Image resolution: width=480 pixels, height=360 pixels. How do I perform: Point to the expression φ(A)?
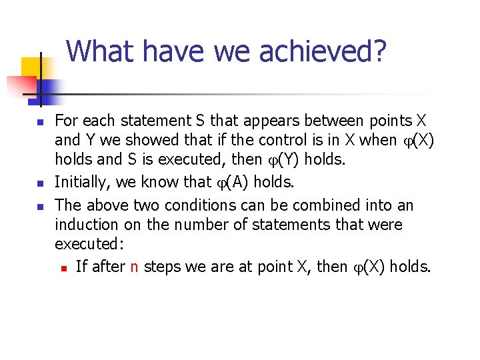click(x=229, y=183)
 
